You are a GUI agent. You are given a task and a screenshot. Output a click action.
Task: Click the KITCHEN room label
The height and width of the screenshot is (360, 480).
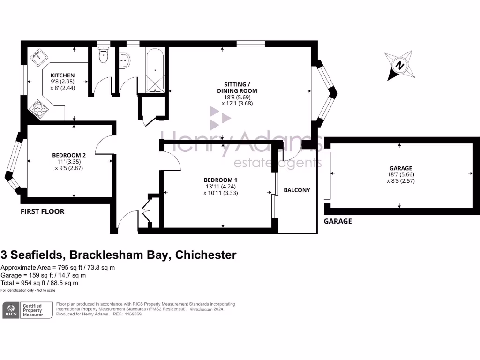(x=62, y=75)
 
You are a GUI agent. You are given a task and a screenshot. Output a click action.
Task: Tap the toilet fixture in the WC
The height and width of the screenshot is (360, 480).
(x=104, y=55)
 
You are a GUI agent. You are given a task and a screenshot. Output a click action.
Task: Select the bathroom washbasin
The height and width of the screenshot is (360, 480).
(x=125, y=60)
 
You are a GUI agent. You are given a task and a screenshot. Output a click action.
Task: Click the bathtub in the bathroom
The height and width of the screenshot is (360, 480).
(x=155, y=70)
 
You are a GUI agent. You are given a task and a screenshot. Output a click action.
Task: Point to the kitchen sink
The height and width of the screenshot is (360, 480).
(x=38, y=57)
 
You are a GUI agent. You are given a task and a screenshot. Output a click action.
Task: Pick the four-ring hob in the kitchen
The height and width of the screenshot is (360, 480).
(x=39, y=108)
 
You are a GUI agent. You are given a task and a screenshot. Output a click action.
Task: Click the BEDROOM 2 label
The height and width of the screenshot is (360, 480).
(x=69, y=155)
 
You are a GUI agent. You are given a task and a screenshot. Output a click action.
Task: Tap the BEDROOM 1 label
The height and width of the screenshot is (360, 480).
(x=220, y=180)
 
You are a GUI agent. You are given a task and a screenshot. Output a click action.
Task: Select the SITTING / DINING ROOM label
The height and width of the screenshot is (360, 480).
(x=237, y=88)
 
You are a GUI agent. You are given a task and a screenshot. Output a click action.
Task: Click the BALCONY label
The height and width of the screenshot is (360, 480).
(x=297, y=190)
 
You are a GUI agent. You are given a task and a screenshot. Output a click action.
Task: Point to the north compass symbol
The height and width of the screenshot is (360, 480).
(x=400, y=66)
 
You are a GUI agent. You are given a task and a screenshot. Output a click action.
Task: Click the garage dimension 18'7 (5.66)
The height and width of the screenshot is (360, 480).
(x=401, y=174)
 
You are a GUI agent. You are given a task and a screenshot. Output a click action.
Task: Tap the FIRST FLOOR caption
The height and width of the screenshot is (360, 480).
(x=43, y=211)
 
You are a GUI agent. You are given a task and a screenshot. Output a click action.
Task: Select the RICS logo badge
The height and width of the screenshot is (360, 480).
(x=11, y=310)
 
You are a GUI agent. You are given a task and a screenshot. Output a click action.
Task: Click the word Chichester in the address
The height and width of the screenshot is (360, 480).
(x=206, y=255)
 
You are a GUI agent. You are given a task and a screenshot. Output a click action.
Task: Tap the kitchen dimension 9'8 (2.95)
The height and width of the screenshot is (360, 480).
(x=62, y=82)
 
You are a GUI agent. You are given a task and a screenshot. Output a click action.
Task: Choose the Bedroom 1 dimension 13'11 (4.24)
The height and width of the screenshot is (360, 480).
(x=220, y=187)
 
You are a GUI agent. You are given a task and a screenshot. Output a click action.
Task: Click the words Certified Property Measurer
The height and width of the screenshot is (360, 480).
(x=33, y=310)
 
